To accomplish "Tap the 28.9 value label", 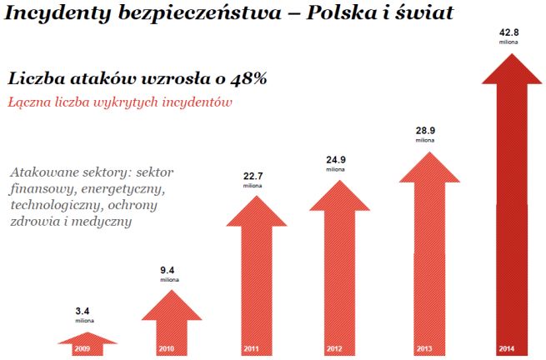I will (426, 132).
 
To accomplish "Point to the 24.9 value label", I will (335, 157).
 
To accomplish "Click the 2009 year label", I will (83, 347).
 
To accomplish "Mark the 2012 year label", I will (335, 347).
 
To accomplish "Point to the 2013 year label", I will (426, 347).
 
